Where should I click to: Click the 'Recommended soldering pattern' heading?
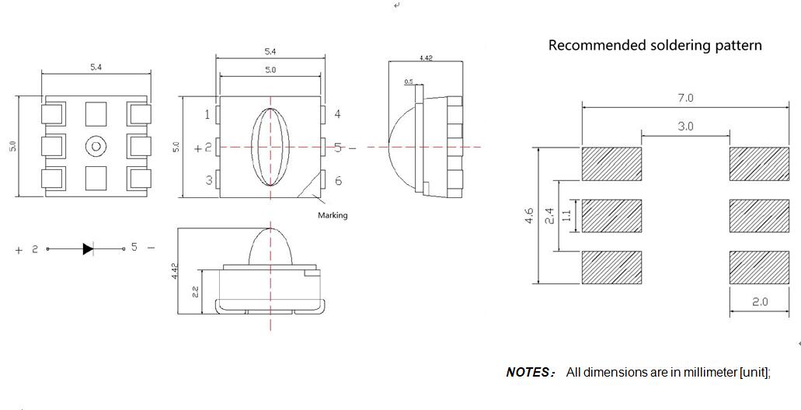point(655,45)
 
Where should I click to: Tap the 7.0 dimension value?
point(685,98)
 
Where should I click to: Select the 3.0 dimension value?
point(685,126)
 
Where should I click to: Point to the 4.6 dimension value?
point(528,215)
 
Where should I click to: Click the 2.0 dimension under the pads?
point(759,302)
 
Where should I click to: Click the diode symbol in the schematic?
point(88,248)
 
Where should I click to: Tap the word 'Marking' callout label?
point(333,215)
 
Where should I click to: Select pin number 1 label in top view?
point(207,115)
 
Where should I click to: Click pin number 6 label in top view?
point(338,181)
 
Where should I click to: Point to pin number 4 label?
point(337,114)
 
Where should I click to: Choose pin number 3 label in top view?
point(208,181)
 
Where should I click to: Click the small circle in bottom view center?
point(96,146)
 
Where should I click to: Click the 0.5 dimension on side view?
point(409,82)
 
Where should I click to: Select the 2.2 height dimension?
point(195,292)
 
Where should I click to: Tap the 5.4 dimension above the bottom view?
point(96,68)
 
